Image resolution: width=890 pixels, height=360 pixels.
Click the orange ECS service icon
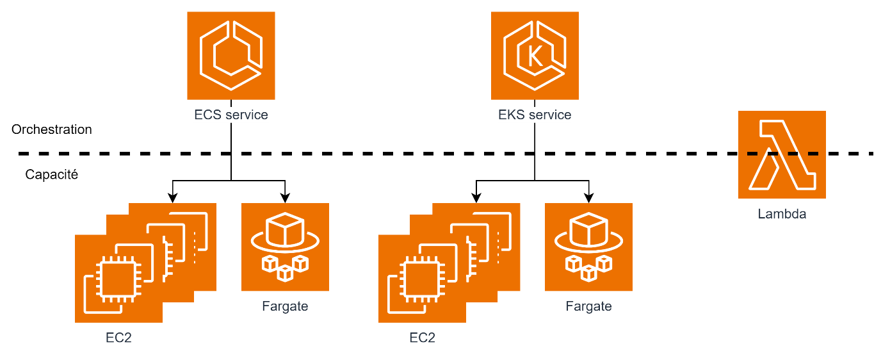pos(231,56)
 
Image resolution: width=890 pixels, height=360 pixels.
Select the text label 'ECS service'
pos(231,115)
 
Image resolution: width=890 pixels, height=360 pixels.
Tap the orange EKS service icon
pos(535,56)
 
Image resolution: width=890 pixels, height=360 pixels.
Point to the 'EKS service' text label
pos(535,115)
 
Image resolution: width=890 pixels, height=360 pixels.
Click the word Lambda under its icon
pos(782,214)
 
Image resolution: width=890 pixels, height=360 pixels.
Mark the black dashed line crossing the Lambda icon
pos(782,154)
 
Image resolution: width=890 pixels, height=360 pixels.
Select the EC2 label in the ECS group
pos(118,338)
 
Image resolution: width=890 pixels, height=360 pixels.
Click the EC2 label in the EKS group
pos(422,338)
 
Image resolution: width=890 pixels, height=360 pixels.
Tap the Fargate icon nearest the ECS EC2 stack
pos(285,247)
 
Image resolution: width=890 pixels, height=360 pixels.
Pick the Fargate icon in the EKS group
pos(588,247)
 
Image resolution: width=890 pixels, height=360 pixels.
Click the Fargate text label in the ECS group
pos(285,306)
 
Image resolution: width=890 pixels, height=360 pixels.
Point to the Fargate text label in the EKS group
pos(588,306)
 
